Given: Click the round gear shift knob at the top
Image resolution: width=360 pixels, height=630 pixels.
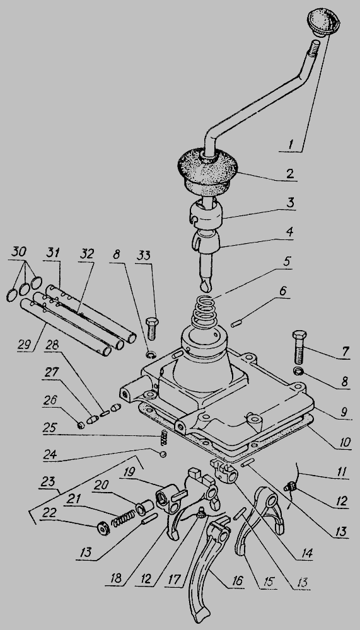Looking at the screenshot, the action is tap(323, 21).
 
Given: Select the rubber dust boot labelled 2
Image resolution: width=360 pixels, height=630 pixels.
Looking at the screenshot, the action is tap(207, 171).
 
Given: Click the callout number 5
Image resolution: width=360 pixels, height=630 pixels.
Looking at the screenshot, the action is tap(286, 261).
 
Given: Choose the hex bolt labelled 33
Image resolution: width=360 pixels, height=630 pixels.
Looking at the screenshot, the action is tap(151, 329).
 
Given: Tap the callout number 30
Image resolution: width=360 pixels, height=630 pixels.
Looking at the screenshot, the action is tap(19, 252).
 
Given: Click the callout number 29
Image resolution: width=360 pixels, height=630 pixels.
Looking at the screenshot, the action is tap(24, 345).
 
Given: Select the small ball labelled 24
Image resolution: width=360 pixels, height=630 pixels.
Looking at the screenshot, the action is tap(163, 454).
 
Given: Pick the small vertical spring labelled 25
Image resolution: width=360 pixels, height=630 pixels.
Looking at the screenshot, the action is tap(164, 438).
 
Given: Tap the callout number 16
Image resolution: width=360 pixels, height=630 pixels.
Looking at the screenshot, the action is tap(237, 581).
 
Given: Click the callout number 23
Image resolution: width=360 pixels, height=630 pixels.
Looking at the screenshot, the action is tap(48, 481).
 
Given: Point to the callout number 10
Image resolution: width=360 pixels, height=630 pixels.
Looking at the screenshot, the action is tap(344, 443).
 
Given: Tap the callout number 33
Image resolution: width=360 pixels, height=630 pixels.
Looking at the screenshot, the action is tap(144, 255).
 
